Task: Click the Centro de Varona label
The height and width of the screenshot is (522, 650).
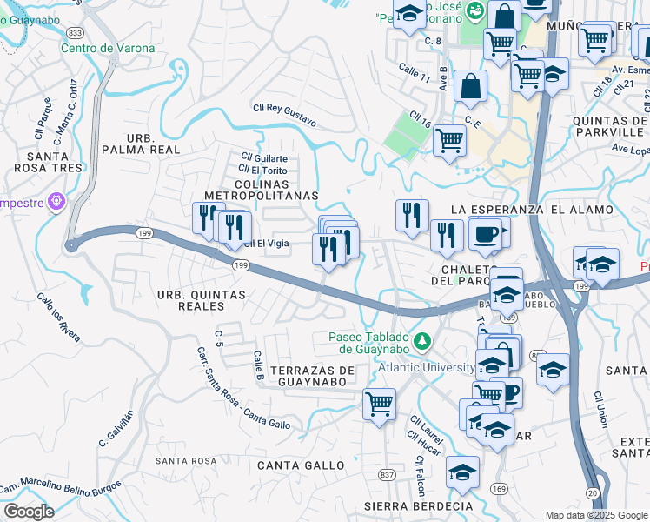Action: click(x=108, y=47)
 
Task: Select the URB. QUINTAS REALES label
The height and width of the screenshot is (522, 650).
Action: click(x=202, y=300)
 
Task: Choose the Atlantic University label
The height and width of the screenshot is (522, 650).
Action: click(x=425, y=367)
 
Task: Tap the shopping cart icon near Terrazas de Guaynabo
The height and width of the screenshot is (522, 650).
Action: click(x=379, y=404)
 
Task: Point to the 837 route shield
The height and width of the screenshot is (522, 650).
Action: click(x=388, y=473)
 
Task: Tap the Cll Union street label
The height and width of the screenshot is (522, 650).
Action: click(x=600, y=409)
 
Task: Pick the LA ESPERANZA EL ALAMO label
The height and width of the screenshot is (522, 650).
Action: click(x=533, y=210)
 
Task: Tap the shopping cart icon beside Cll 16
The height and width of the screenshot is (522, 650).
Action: click(x=449, y=139)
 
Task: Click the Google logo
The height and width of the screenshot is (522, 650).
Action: click(x=29, y=512)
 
